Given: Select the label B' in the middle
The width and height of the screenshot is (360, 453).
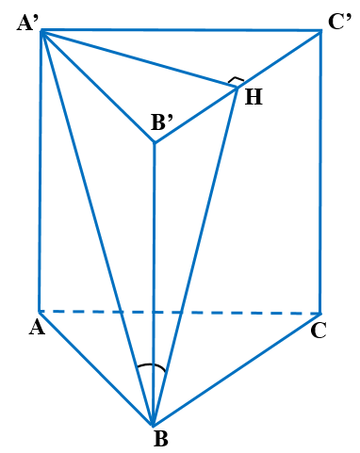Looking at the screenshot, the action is coord(165,122).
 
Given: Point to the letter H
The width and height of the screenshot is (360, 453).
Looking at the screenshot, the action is coord(254,95).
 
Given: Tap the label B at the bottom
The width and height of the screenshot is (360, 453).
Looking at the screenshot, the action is coord(159,439).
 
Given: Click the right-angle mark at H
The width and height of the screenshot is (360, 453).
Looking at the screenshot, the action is coord(237,81).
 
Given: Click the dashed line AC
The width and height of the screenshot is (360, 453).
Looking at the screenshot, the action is coord(179,312).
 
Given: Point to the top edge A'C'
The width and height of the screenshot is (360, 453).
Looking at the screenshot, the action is coord(179,29).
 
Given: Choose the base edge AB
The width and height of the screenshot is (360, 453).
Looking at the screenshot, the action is coord(94,366).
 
